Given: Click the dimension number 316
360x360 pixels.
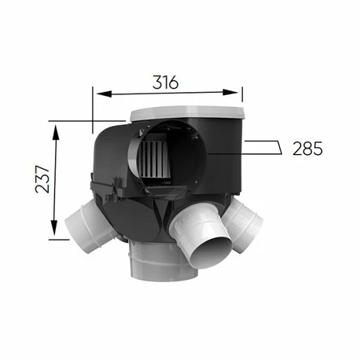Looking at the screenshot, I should pos(167,81).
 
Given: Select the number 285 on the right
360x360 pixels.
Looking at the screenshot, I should pos(307,148).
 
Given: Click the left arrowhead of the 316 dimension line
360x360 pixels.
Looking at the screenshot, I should pos(98,94).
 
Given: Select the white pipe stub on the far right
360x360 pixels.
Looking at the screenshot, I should pos(250,224).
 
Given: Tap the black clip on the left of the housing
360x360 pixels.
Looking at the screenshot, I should pos(96,186).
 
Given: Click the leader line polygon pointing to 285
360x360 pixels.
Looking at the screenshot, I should pos(263,148).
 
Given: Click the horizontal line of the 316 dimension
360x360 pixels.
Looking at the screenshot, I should pos(168,94).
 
